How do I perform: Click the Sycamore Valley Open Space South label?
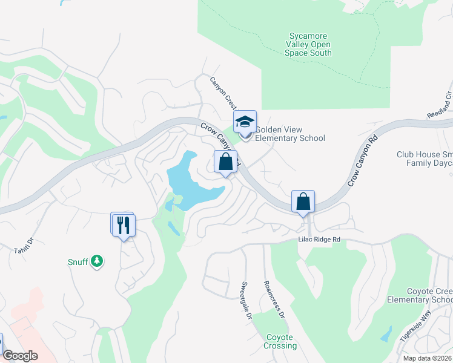[x=308, y=45]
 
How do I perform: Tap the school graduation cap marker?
[x=245, y=122]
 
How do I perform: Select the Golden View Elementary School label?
[x=289, y=134]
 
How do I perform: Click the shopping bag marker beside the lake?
[x=225, y=162]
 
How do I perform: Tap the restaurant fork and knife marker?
[x=124, y=225]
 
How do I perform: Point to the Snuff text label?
[x=78, y=262]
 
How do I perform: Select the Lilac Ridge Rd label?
[x=319, y=240]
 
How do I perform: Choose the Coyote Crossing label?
[x=280, y=342]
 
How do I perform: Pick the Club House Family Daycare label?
[x=425, y=159]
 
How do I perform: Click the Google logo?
[x=20, y=356]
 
